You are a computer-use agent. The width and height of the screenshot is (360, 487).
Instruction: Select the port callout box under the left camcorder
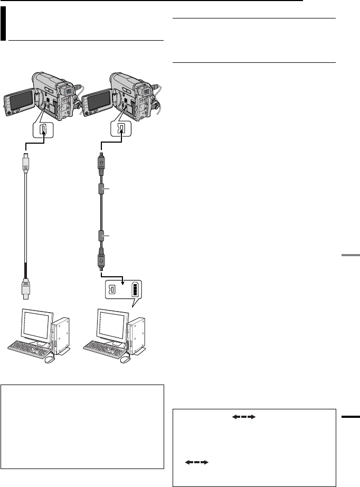pyautogui.click(x=44, y=128)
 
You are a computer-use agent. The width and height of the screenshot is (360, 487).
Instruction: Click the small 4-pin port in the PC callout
pyautogui.click(x=113, y=290)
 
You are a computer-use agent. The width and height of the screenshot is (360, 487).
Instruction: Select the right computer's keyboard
pyautogui.click(x=107, y=349)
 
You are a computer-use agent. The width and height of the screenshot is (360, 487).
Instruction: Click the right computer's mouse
pyautogui.click(x=127, y=359)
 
